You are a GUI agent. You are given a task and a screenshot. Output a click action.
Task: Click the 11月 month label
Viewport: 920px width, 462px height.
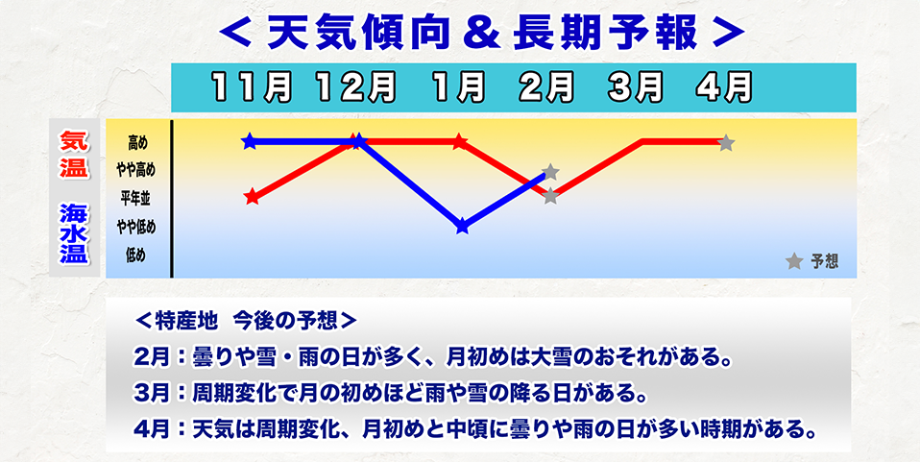(x=253, y=87)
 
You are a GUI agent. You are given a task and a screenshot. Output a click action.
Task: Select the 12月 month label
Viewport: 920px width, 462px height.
(x=355, y=87)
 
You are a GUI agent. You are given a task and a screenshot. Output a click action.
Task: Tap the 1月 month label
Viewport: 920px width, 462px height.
(x=458, y=87)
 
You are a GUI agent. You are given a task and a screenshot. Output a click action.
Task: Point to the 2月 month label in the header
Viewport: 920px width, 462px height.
(x=548, y=87)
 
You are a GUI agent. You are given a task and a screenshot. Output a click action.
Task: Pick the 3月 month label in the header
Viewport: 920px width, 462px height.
(x=635, y=87)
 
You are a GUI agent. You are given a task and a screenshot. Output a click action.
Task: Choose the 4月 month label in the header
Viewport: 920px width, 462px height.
(x=724, y=87)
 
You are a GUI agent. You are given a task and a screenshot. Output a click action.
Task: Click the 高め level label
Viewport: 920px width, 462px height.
(x=137, y=143)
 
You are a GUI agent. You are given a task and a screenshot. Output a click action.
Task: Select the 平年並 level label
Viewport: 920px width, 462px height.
(x=137, y=199)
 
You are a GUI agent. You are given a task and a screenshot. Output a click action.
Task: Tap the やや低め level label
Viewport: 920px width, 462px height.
(x=136, y=227)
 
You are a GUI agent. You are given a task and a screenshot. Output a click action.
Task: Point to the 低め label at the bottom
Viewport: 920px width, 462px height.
(x=137, y=255)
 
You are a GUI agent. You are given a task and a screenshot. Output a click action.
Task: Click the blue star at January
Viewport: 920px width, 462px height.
(x=463, y=227)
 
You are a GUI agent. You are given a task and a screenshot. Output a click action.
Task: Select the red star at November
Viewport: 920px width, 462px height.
(x=252, y=198)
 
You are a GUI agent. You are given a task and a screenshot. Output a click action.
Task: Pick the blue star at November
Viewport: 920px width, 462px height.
(x=250, y=142)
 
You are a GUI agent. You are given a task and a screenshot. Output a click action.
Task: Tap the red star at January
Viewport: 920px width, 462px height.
(x=459, y=142)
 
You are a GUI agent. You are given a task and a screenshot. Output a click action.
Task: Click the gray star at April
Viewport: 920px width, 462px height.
(x=726, y=143)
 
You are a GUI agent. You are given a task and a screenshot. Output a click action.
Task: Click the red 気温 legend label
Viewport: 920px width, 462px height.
(x=73, y=154)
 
